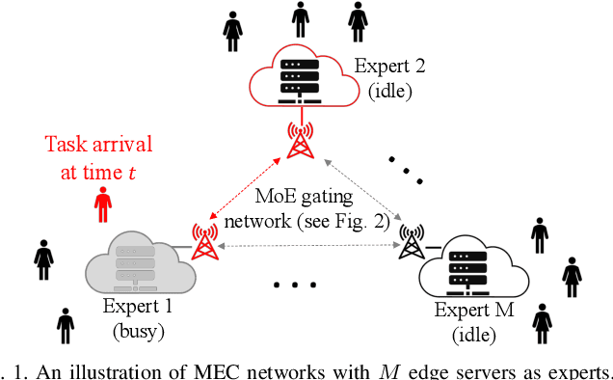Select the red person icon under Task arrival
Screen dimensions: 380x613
[x=103, y=205]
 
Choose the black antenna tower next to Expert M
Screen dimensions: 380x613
[x=413, y=244]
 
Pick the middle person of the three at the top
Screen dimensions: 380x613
[x=300, y=18]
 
